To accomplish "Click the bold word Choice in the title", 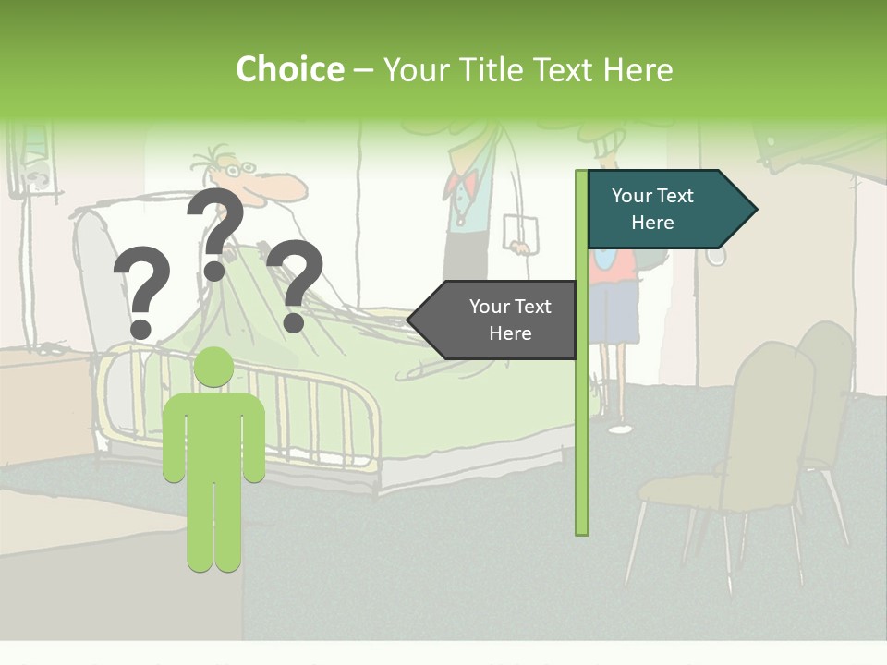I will coord(289,70).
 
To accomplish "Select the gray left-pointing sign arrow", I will coord(495,320).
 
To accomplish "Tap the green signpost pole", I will coord(582,416).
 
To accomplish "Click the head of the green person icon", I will coord(213,368).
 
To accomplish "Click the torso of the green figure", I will coord(213,434).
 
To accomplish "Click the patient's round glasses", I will coord(238,169).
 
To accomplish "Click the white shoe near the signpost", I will coord(620,429).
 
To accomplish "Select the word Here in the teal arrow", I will coord(652,223).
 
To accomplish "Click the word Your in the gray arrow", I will coord(490,307).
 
